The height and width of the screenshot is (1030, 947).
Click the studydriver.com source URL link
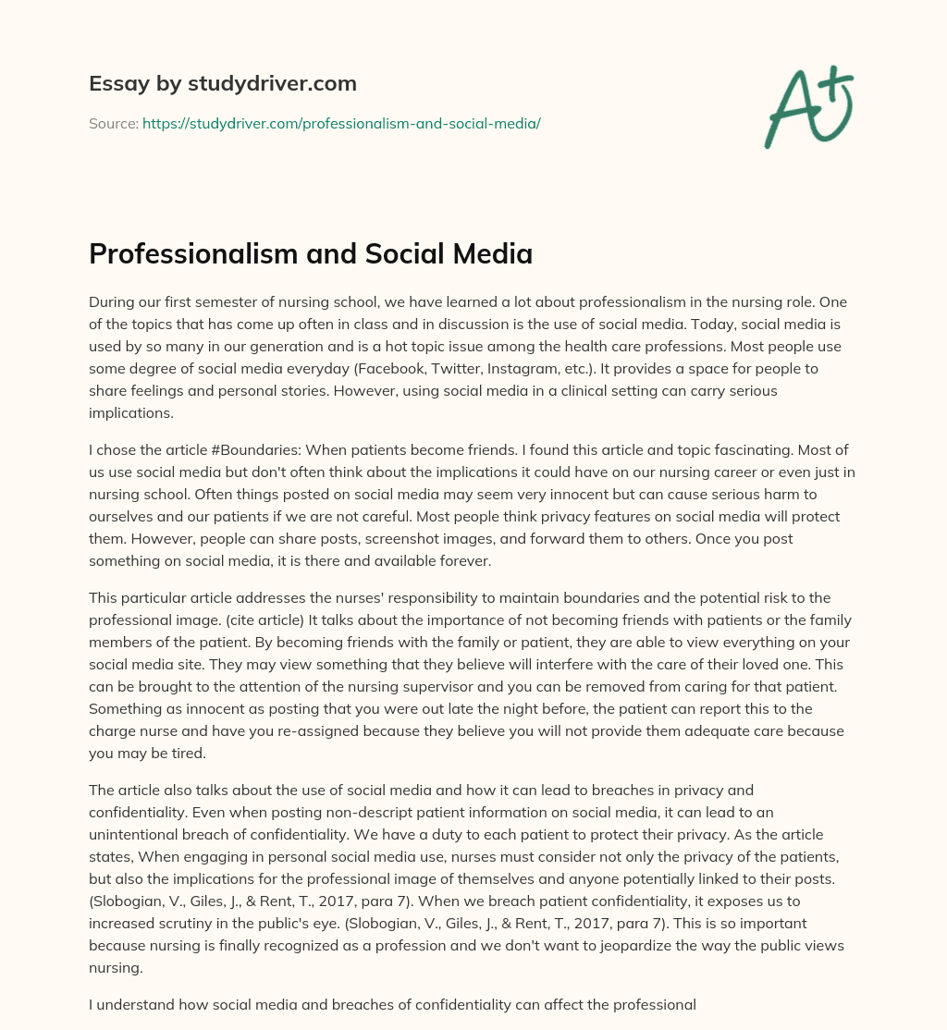341,123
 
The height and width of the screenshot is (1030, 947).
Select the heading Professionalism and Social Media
311,253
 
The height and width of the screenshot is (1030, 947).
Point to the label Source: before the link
113,123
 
